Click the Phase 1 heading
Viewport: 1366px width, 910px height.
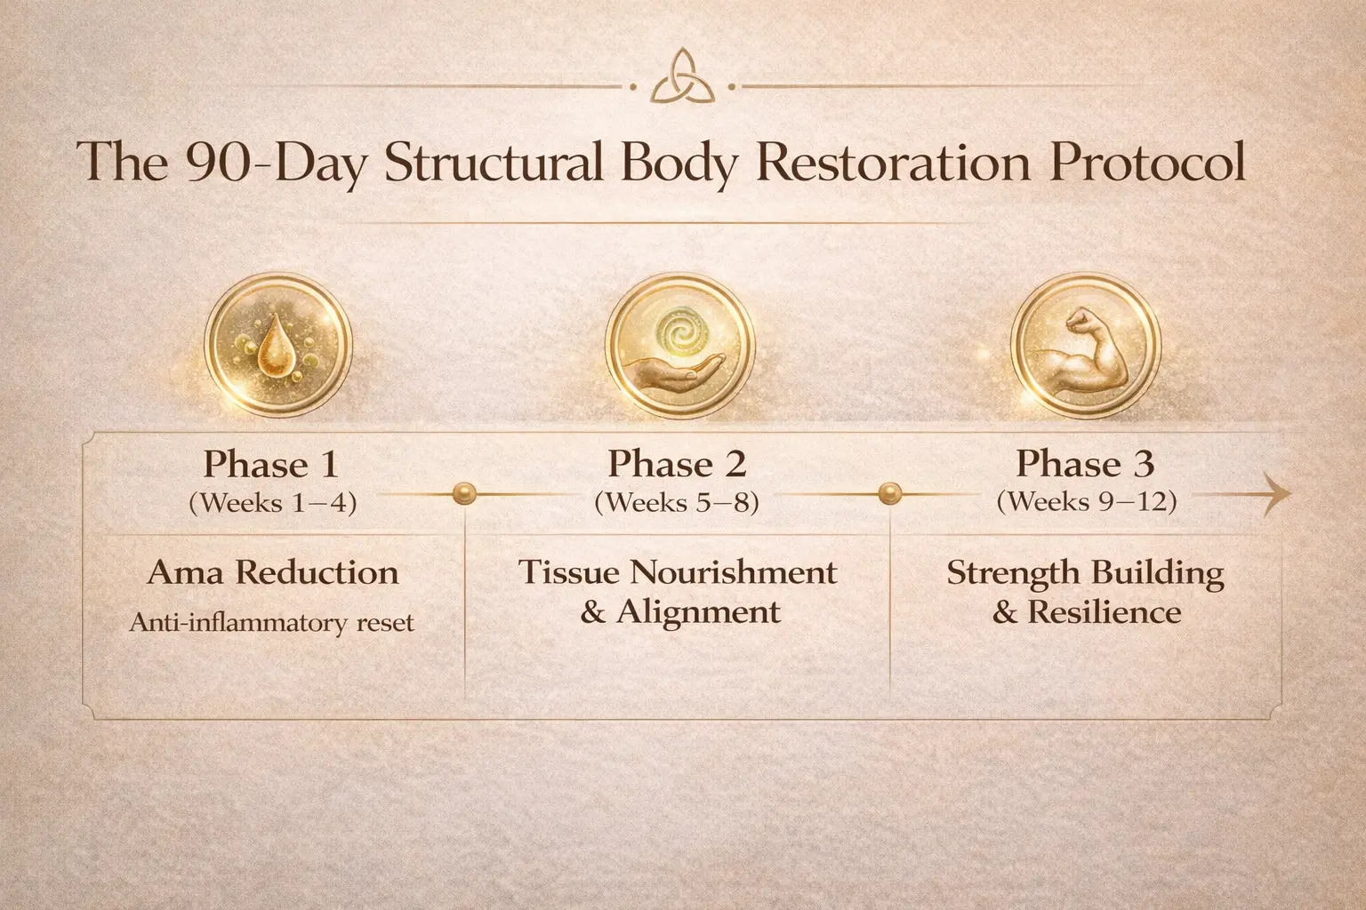(x=272, y=464)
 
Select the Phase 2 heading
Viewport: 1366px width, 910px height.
(x=677, y=464)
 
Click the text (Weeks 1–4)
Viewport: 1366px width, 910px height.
(x=272, y=503)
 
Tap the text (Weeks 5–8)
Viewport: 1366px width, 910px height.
(x=677, y=503)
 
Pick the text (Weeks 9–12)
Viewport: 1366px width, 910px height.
(x=1086, y=502)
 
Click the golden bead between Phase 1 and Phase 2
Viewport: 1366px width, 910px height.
(x=462, y=493)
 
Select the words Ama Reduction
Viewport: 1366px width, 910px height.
(x=272, y=572)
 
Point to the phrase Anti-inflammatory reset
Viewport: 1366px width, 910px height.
(x=272, y=622)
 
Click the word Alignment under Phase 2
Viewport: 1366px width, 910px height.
(x=698, y=612)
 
